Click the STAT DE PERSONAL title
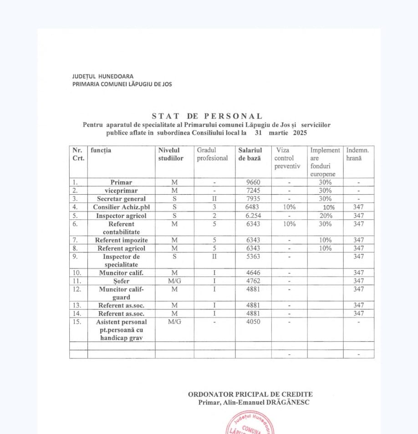pyautogui.click(x=207, y=116)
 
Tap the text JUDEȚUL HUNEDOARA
pyautogui.click(x=102, y=76)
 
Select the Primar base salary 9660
pyautogui.click(x=252, y=182)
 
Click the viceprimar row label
pyautogui.click(x=121, y=191)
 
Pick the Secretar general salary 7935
pyautogui.click(x=252, y=199)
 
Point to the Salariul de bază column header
pyautogui.click(x=250, y=154)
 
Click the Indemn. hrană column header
pyautogui.click(x=357, y=154)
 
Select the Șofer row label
pyautogui.click(x=121, y=281)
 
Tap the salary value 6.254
pyautogui.click(x=252, y=216)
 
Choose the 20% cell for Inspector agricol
pyautogui.click(x=325, y=216)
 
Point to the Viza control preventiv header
pyautogui.click(x=287, y=158)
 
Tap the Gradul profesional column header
pyautogui.click(x=212, y=154)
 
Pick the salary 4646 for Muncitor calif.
pyautogui.click(x=252, y=273)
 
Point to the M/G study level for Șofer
pyautogui.click(x=174, y=281)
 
